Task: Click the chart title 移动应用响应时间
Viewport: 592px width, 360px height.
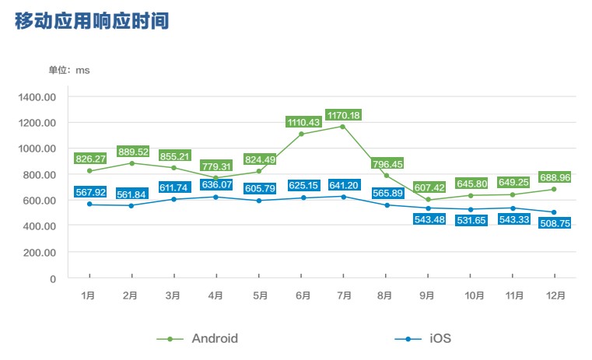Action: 91,21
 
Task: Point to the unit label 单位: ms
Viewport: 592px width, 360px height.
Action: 69,70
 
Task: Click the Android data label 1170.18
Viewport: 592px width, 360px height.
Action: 343,115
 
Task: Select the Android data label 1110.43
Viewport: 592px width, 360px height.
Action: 303,122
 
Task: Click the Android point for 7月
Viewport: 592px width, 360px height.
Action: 343,127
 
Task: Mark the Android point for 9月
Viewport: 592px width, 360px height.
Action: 428,200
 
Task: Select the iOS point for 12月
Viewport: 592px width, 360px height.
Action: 554,212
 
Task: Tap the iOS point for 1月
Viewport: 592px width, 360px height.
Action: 89,204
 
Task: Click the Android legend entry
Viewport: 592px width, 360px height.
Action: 198,339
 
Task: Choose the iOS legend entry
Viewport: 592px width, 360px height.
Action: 424,339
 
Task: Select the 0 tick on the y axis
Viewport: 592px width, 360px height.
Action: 53,278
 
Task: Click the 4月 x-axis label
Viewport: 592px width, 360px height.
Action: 215,295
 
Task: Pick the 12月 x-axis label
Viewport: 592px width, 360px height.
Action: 554,295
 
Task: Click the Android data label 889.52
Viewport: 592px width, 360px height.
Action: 132,152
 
